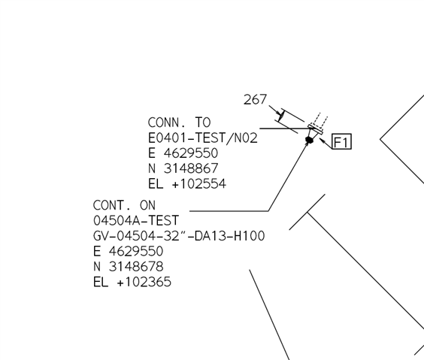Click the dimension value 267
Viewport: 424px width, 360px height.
(255, 99)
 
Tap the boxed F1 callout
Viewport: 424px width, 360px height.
(341, 141)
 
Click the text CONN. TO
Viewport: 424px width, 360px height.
(179, 123)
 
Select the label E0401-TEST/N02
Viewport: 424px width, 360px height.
(202, 138)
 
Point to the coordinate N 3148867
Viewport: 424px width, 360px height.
(183, 168)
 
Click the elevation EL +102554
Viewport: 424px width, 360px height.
(187, 184)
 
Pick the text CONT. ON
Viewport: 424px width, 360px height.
(124, 205)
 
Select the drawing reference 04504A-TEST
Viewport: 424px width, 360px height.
(136, 220)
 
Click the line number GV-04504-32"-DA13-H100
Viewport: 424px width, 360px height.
(179, 236)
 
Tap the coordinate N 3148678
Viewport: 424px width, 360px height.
(128, 267)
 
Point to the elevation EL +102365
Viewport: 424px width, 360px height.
(132, 282)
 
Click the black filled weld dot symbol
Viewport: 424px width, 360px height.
(309, 140)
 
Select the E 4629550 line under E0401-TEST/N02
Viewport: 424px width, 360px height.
(183, 153)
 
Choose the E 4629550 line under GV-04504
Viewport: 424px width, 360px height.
(128, 251)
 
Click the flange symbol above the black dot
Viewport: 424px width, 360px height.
(315, 129)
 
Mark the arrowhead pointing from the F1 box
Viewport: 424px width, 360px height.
(322, 141)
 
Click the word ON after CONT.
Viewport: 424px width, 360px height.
(147, 205)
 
